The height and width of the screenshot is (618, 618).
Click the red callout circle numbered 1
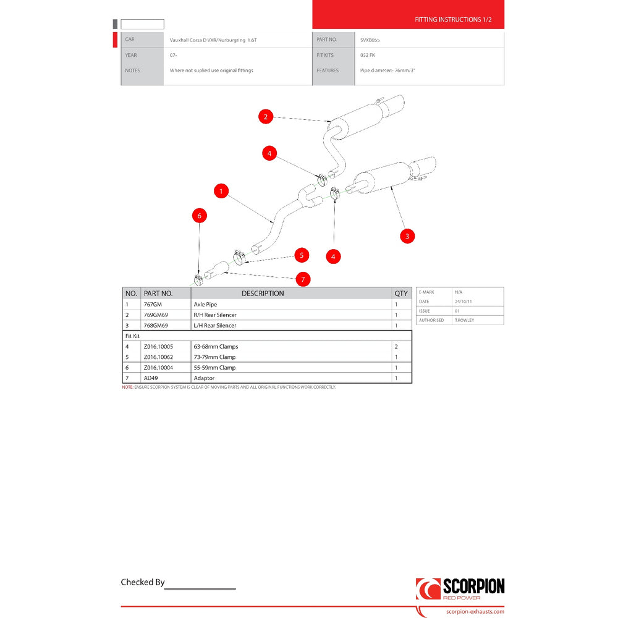coord(221,192)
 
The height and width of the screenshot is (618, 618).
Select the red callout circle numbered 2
coord(265,116)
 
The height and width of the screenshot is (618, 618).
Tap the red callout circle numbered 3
coord(407,235)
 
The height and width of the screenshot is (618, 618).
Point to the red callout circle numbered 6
coord(199,216)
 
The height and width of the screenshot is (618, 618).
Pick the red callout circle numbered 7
coord(303,279)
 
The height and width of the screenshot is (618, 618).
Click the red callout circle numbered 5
coord(301,255)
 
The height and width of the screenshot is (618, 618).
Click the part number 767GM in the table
coord(153,305)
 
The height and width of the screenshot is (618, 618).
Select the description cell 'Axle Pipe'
coord(205,305)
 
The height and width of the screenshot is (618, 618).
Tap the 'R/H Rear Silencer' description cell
coord(215,315)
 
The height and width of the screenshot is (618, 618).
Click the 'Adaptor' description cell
coord(204,378)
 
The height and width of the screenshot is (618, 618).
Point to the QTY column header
coord(401,294)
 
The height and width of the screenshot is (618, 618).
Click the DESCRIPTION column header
coord(263,294)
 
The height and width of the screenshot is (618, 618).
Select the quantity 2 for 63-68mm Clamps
coord(396,347)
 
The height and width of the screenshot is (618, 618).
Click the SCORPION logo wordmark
coord(473,586)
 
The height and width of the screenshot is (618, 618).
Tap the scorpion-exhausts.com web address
coord(475,612)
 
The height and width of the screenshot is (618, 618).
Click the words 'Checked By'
coord(143,582)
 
